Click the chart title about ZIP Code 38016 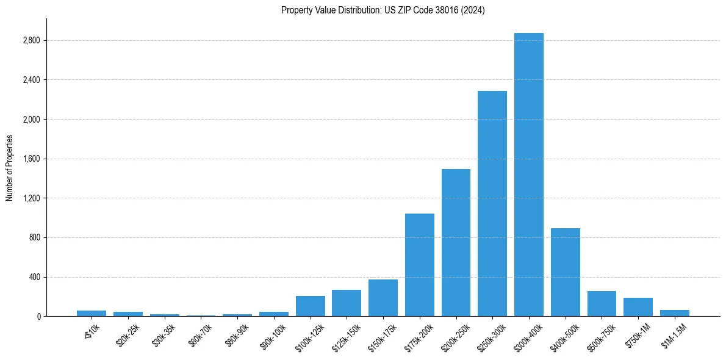click(x=383, y=10)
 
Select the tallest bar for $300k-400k click(x=528, y=175)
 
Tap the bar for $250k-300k click(x=492, y=203)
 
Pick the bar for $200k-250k click(x=456, y=242)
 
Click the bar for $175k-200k click(x=419, y=265)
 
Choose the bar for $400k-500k click(x=565, y=272)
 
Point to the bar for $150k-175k click(x=383, y=298)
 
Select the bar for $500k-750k click(x=602, y=303)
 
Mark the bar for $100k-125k click(x=310, y=306)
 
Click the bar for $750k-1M click(x=638, y=307)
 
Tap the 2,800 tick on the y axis click(x=31, y=41)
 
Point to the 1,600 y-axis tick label click(x=31, y=159)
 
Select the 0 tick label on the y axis click(x=38, y=317)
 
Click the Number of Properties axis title click(x=10, y=168)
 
